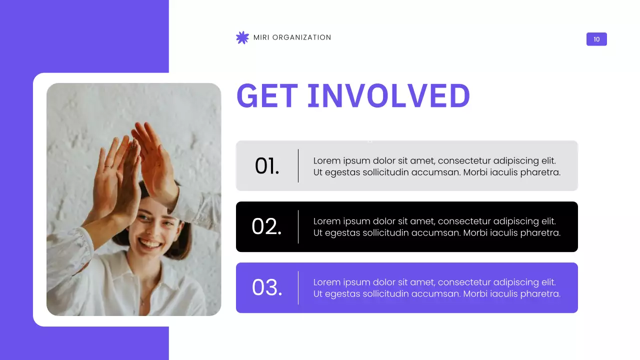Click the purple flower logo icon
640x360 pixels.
(x=242, y=37)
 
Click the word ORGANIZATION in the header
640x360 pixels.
(x=301, y=37)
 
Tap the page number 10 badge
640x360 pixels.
(x=596, y=39)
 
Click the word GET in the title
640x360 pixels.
(x=267, y=95)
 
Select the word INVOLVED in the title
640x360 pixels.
(x=388, y=95)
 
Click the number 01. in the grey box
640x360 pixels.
(x=267, y=166)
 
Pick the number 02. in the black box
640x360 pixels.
(x=266, y=226)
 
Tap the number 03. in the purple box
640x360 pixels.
(x=267, y=287)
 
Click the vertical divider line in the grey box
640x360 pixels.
(x=298, y=165)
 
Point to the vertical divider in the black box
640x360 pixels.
(x=298, y=226)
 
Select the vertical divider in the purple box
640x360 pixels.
(x=298, y=287)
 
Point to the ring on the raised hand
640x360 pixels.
(x=108, y=166)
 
